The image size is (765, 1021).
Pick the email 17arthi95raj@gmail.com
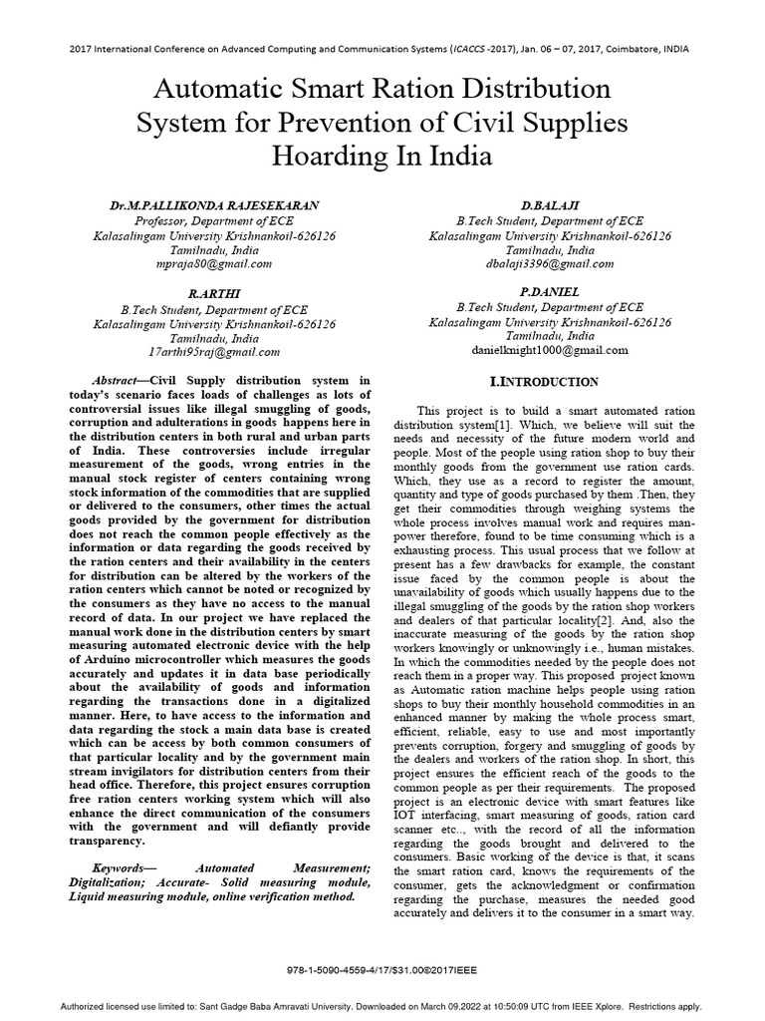coord(214,352)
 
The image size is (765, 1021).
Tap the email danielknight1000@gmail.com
coord(549,351)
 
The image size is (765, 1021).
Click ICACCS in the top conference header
coord(447,49)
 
